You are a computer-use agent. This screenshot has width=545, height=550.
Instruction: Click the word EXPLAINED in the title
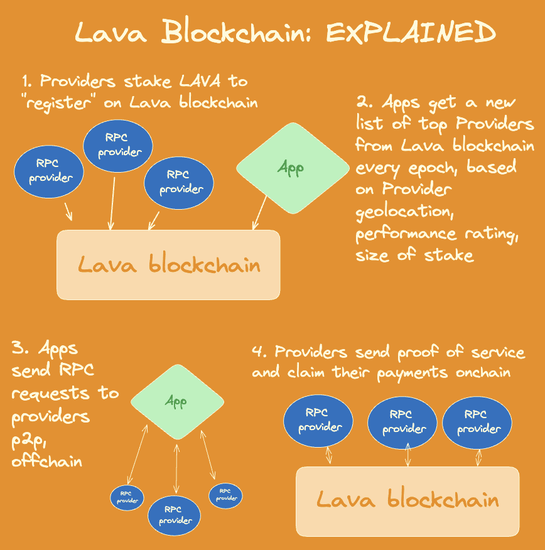(x=411, y=33)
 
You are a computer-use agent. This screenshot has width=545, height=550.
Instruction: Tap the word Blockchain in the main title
(x=234, y=33)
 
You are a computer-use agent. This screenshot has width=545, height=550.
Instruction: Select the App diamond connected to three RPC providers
(x=177, y=401)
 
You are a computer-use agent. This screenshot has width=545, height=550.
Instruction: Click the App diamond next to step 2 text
(x=292, y=168)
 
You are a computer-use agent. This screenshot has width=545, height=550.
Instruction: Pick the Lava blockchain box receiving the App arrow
(x=168, y=264)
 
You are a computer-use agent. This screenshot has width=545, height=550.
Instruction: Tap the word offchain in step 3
(x=47, y=461)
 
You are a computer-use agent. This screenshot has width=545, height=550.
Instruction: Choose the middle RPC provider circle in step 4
(x=404, y=422)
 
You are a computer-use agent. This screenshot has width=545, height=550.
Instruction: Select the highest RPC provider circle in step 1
(x=118, y=146)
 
